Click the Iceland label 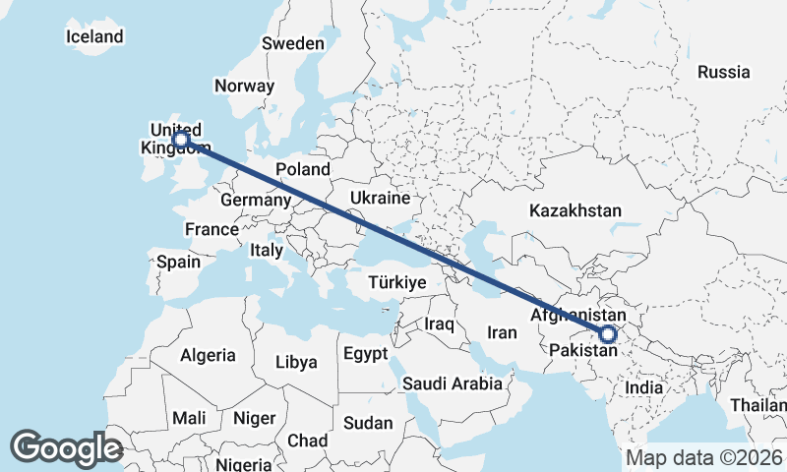pos(94,37)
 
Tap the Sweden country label pos(292,43)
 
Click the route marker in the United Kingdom pos(181,140)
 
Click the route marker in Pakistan pos(607,334)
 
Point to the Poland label pos(302,169)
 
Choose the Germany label pos(256,201)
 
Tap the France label pos(212,229)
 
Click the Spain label pos(178,263)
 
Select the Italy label pos(266,251)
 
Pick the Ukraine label pos(379,198)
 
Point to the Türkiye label pos(396,282)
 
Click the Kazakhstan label pos(575,210)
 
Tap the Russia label pos(723,72)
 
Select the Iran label pos(502,332)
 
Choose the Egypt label pos(365,353)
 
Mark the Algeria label pos(208,355)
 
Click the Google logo pos(66,448)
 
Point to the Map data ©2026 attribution pos(703,458)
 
